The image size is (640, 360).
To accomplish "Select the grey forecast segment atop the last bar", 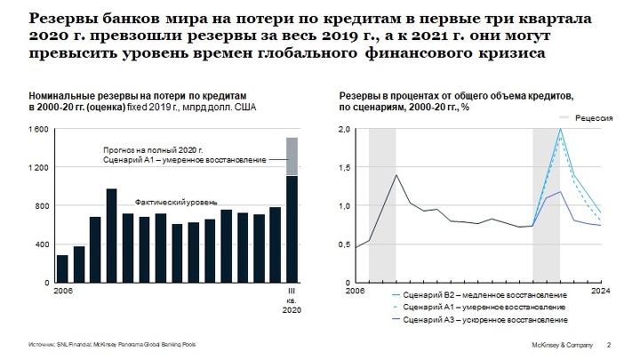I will click(x=291, y=156).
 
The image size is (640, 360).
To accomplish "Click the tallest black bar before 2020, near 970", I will click(x=111, y=235).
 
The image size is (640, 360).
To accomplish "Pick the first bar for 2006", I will click(x=62, y=268).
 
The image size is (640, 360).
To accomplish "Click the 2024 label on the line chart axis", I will click(x=600, y=291).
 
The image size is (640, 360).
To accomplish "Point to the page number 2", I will click(x=608, y=344).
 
